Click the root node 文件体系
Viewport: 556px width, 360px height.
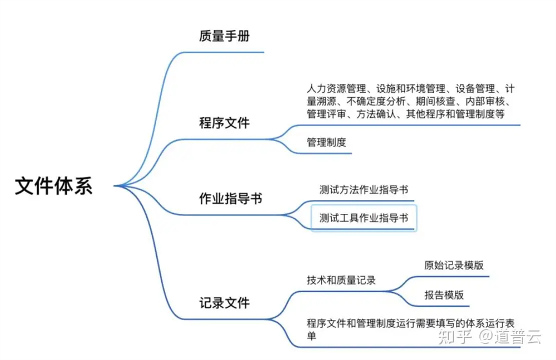(x=53, y=186)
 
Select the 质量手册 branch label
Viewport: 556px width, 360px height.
(x=225, y=36)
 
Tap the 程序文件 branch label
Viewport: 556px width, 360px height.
(x=225, y=123)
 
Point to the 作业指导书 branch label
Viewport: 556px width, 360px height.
(x=231, y=198)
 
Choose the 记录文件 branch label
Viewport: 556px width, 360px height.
(x=225, y=303)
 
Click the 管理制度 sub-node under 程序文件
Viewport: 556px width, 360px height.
(x=326, y=142)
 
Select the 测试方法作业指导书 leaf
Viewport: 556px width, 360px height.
(x=364, y=190)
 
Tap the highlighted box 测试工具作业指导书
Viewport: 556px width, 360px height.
(x=364, y=218)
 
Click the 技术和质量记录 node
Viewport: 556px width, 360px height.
(x=341, y=280)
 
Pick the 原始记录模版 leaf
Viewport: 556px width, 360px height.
(x=454, y=266)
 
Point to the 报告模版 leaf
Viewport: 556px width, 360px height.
(x=444, y=295)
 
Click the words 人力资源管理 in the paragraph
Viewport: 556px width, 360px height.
(x=336, y=88)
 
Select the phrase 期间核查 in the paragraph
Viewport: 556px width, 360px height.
(x=435, y=101)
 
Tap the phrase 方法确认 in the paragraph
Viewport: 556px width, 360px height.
(x=376, y=114)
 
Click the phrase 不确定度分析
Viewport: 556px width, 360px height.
(x=376, y=101)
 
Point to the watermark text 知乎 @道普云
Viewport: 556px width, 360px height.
(x=490, y=336)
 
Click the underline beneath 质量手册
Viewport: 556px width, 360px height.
(x=224, y=52)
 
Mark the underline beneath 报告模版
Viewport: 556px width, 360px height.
(x=440, y=306)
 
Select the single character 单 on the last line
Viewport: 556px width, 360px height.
(x=312, y=336)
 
